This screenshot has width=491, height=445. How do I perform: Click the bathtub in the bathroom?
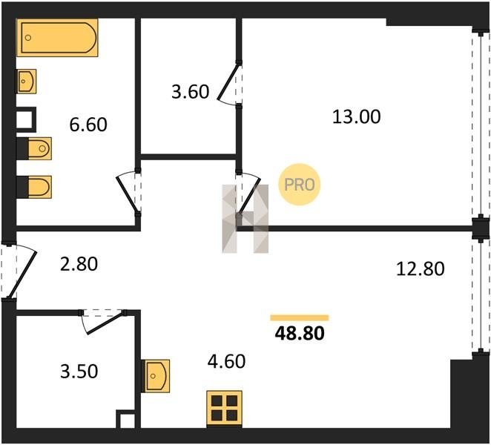coord(57,38)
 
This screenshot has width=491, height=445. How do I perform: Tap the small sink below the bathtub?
coord(26,82)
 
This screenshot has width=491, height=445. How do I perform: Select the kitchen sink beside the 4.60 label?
coord(156,376)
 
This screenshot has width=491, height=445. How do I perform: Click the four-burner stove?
coord(224,408)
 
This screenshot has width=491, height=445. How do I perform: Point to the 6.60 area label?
coord(88,125)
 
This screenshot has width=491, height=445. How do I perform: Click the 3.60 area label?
coord(191,92)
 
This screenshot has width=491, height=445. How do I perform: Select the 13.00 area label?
coord(356,116)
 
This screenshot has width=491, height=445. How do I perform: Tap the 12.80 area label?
coord(421,268)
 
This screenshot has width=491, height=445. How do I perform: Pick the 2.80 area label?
coord(79,264)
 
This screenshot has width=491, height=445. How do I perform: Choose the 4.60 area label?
coord(226,361)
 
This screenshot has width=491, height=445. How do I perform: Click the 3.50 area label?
coord(79,372)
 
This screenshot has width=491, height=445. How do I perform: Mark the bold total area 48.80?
coord(300,333)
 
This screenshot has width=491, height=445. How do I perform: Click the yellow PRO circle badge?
coord(300,185)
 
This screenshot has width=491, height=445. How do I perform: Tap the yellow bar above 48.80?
coord(300,318)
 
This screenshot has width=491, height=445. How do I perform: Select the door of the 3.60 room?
coord(228,82)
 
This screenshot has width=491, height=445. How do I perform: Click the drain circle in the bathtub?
coord(28,38)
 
